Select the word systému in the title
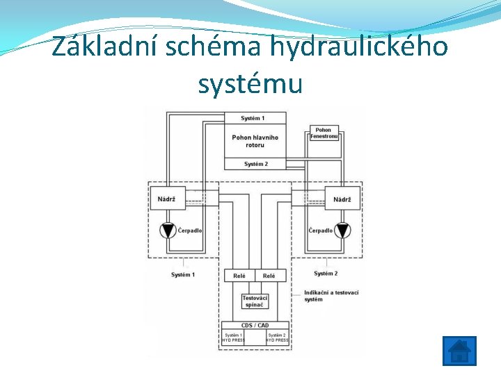(250, 84)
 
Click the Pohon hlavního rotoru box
(255, 141)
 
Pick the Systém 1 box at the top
(255, 118)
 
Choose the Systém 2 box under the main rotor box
(255, 164)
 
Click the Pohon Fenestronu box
(324, 133)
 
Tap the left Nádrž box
(168, 199)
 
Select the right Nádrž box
(342, 199)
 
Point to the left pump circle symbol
(168, 231)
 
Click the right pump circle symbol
(342, 231)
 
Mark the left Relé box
(239, 276)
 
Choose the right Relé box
(270, 276)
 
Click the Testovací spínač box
(255, 301)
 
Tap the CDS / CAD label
(255, 325)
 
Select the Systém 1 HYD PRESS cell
(233, 337)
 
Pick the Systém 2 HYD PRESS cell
(277, 337)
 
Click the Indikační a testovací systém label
(331, 296)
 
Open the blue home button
(459, 351)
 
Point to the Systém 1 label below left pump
(183, 275)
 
